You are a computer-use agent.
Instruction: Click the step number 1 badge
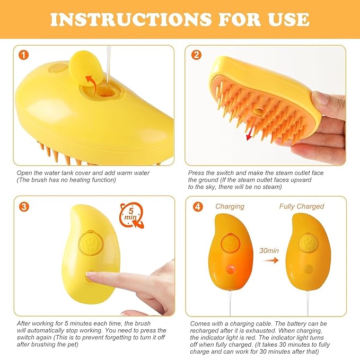pyautogui.click(x=23, y=55)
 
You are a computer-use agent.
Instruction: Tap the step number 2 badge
pyautogui.click(x=197, y=55)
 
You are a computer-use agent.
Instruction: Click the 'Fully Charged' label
pyautogui.click(x=301, y=206)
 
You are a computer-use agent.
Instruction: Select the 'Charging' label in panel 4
pyautogui.click(x=230, y=206)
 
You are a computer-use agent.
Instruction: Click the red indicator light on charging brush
pyautogui.click(x=231, y=269)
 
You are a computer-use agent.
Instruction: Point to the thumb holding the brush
pyautogui.click(x=324, y=99)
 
